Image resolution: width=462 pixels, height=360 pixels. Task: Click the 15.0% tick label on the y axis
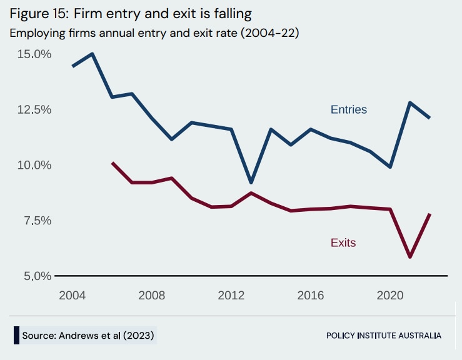click(x=33, y=54)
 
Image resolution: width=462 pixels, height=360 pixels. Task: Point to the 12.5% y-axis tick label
click(x=33, y=109)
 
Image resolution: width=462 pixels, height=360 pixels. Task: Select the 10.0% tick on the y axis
click(x=33, y=165)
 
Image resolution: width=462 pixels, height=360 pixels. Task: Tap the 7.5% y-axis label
click(x=35, y=221)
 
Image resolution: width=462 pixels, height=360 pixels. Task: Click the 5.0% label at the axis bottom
click(x=35, y=276)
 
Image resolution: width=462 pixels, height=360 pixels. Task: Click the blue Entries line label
click(x=348, y=110)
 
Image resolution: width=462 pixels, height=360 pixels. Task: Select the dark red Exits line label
click(x=343, y=242)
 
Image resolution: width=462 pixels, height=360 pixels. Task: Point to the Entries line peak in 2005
click(x=93, y=54)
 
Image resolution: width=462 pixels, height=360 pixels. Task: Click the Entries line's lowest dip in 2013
click(x=251, y=182)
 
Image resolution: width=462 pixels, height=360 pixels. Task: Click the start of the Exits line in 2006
click(x=113, y=162)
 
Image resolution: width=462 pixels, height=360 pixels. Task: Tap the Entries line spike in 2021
click(x=409, y=102)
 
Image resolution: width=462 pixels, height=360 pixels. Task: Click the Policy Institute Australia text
click(x=383, y=336)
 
